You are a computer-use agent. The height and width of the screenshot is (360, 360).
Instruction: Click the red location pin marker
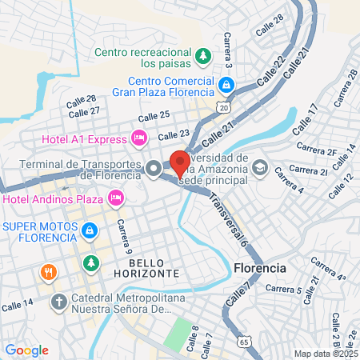click(x=179, y=162)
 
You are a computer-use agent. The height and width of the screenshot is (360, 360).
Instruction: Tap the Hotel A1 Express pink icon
click(x=139, y=138)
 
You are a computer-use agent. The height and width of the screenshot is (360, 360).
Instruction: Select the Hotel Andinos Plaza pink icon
click(x=116, y=197)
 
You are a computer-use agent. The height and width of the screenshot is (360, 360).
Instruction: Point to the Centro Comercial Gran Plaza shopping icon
click(x=226, y=84)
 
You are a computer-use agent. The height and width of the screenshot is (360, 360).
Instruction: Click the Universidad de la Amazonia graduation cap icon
click(x=259, y=168)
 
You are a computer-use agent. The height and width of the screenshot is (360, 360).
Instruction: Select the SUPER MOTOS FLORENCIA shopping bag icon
click(x=90, y=232)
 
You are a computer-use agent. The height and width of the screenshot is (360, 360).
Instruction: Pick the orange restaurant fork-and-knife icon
click(x=49, y=272)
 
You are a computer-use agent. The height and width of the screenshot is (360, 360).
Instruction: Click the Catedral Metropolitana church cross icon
click(x=58, y=302)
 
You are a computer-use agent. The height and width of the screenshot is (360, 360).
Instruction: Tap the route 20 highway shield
click(x=222, y=106)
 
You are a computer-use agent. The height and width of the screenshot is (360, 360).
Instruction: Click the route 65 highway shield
click(x=244, y=341)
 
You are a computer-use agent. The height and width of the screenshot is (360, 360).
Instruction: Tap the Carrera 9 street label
click(x=122, y=236)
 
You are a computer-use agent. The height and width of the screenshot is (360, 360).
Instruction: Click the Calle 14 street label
click(x=18, y=303)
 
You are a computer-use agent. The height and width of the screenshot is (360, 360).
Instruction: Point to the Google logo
click(x=26, y=350)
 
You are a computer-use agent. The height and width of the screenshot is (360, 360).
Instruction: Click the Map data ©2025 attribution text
click(x=325, y=354)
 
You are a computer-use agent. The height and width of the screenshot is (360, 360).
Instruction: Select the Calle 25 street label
click(x=153, y=116)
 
